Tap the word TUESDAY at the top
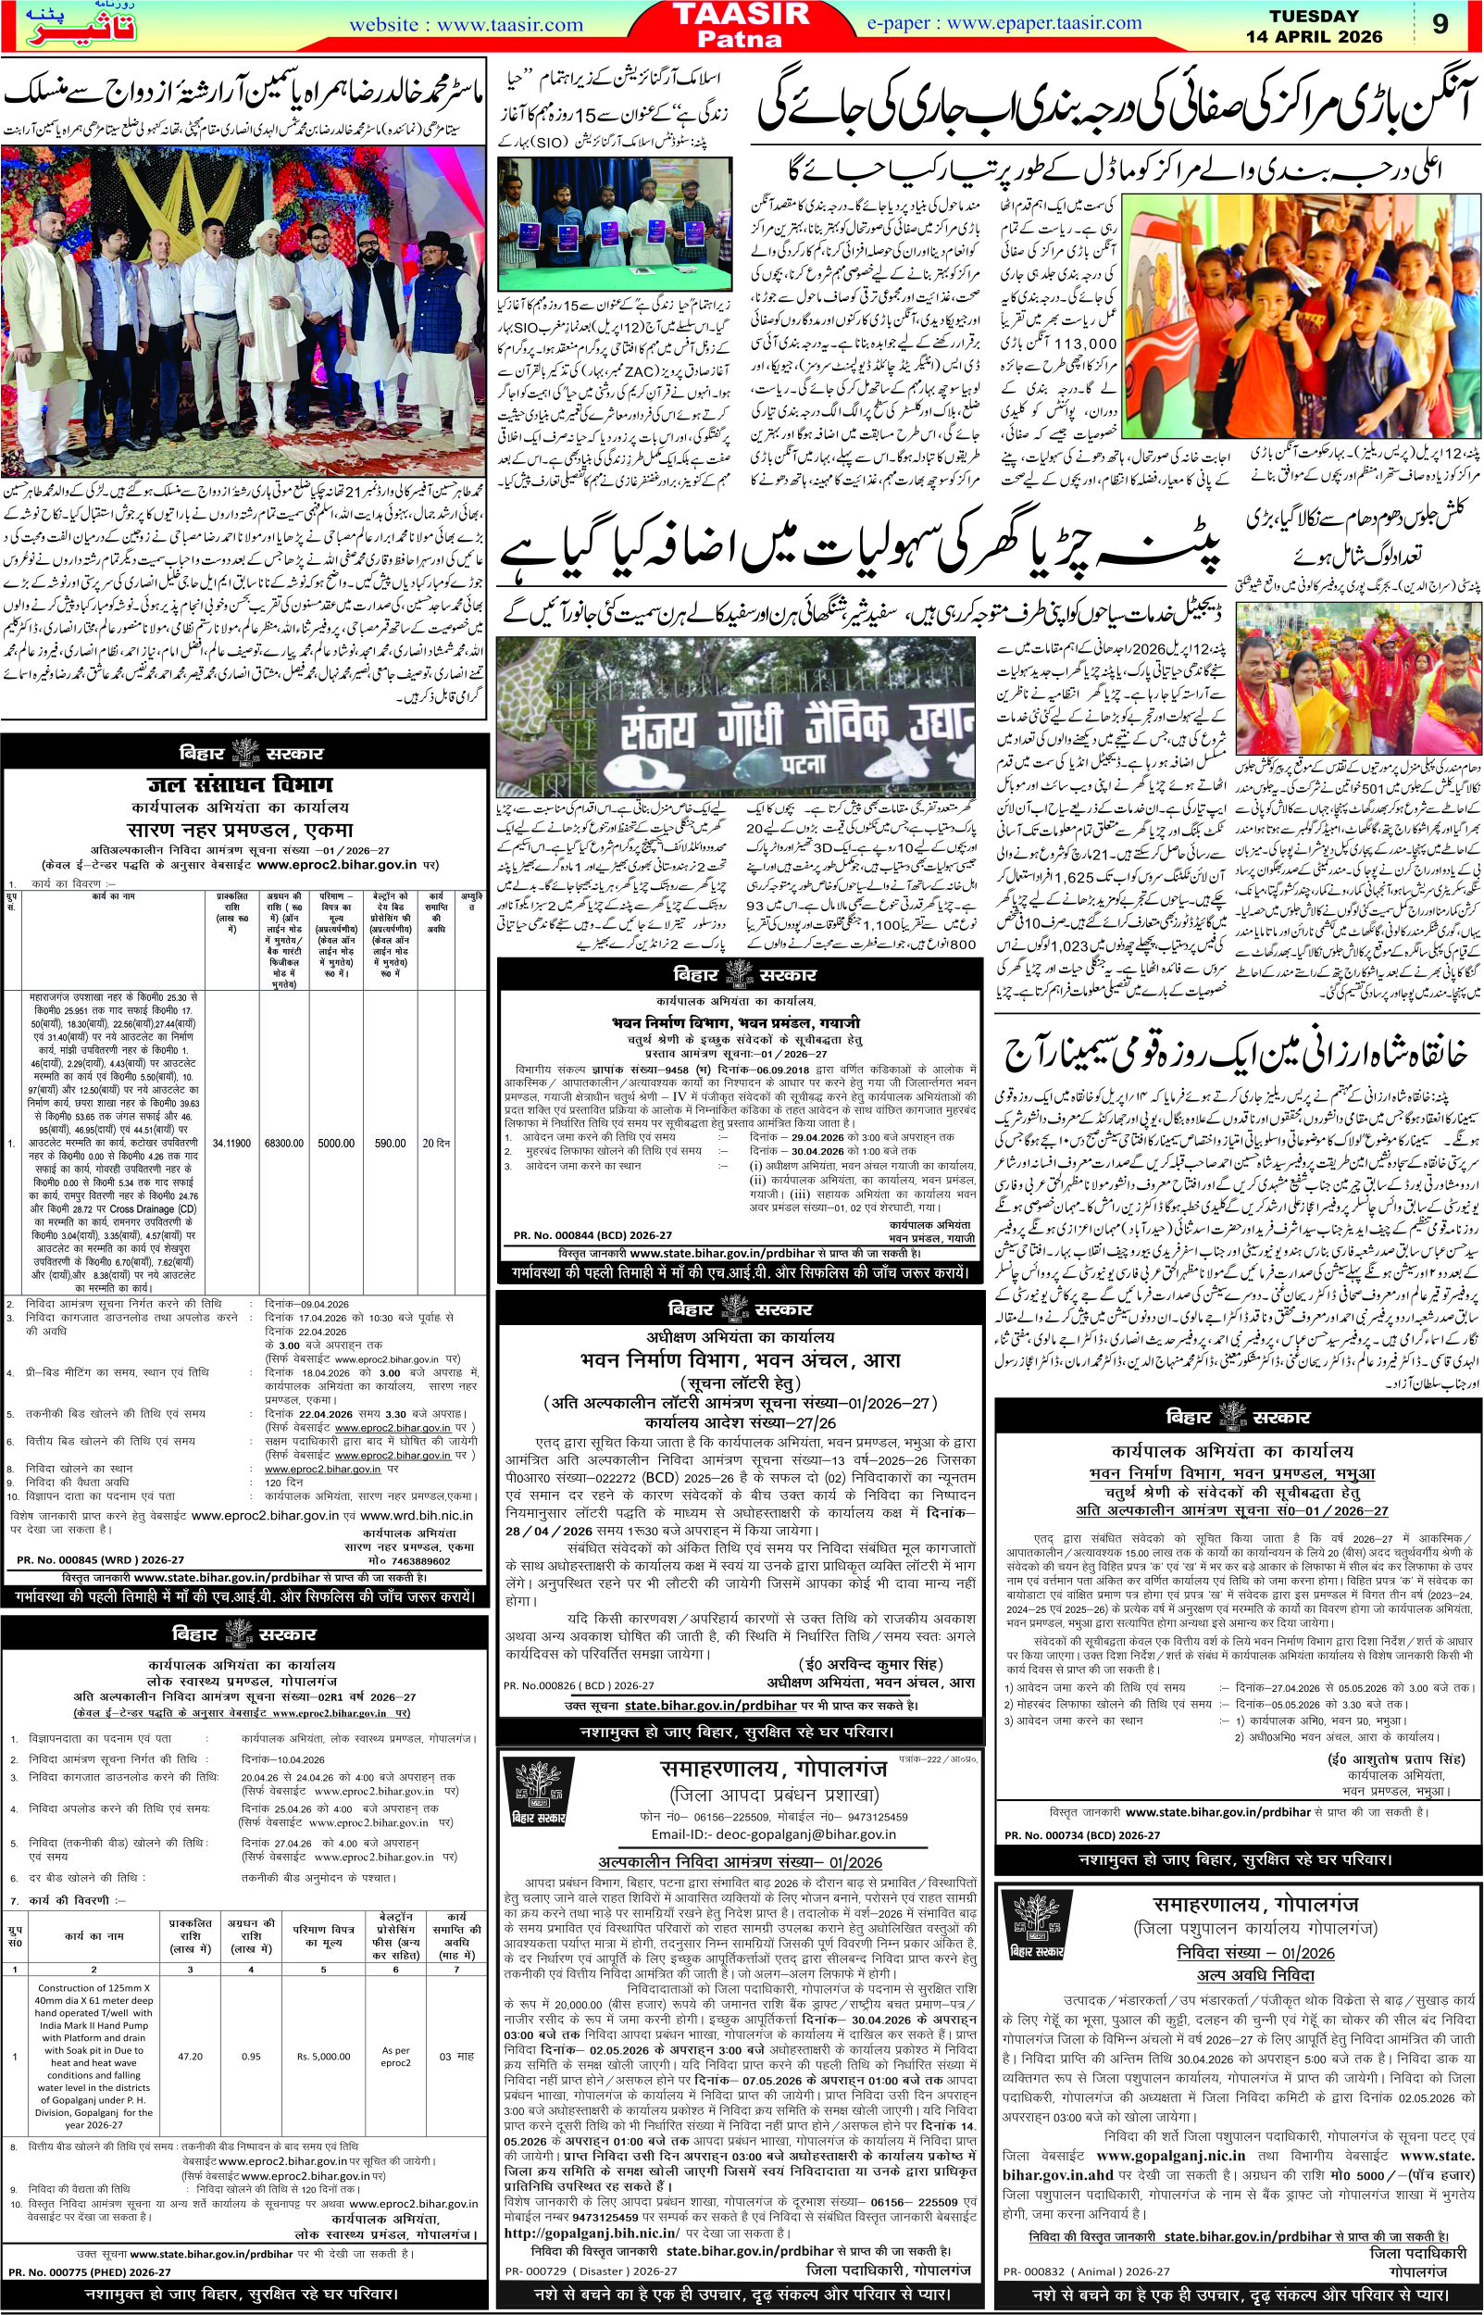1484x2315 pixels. coord(1314,17)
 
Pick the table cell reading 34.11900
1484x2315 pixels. coord(233,1143)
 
